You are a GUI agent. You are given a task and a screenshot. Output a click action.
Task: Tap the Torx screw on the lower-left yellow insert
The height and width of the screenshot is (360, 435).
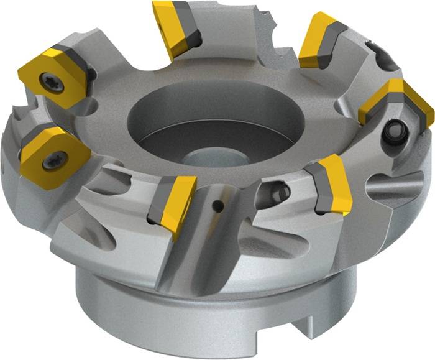tap(50, 160)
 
